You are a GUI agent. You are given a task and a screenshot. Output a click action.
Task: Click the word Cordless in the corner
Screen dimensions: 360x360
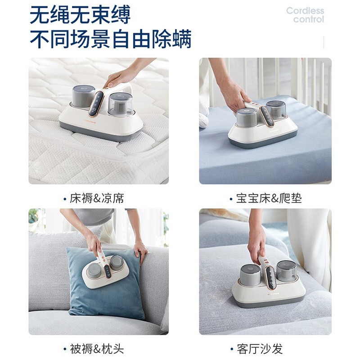click(x=305, y=10)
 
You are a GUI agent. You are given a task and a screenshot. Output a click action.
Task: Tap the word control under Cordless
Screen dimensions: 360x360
click(x=309, y=19)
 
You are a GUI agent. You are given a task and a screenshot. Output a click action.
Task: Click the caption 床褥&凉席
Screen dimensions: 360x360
click(x=97, y=198)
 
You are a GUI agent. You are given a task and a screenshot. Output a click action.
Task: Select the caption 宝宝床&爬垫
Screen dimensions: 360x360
click(x=269, y=198)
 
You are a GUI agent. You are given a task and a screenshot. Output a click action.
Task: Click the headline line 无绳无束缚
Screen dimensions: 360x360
click(x=80, y=15)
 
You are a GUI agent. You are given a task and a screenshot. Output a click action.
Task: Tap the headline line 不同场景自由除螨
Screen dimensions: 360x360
click(x=110, y=39)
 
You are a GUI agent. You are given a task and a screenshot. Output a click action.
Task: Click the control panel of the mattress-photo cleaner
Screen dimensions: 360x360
click(x=96, y=104)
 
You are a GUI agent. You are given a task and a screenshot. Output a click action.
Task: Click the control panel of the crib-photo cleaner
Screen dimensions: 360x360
click(x=266, y=116)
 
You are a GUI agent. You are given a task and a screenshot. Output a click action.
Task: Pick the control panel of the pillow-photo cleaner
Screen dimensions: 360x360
click(x=108, y=271)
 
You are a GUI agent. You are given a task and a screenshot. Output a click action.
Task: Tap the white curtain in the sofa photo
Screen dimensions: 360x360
click(x=309, y=248)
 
